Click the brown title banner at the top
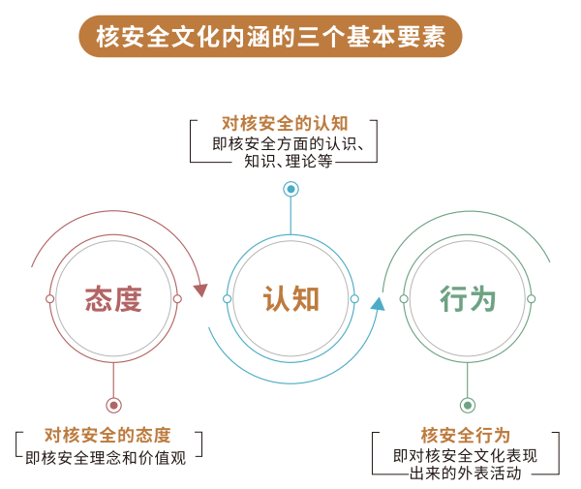270,36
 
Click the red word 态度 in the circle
113,299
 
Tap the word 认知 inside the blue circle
290,299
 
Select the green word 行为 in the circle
468,299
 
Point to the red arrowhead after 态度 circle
200,290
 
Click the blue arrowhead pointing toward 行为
378,304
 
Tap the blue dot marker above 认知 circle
290,189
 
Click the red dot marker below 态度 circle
113,406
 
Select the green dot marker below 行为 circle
468,406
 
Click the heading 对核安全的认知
285,123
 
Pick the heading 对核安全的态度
107,436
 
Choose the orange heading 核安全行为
466,436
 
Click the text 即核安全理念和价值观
106,458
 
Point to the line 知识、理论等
289,161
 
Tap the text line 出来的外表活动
466,474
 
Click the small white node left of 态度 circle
49,299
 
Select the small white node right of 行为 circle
532,299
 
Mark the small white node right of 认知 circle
354,299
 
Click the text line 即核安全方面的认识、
289,143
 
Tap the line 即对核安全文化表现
466,456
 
